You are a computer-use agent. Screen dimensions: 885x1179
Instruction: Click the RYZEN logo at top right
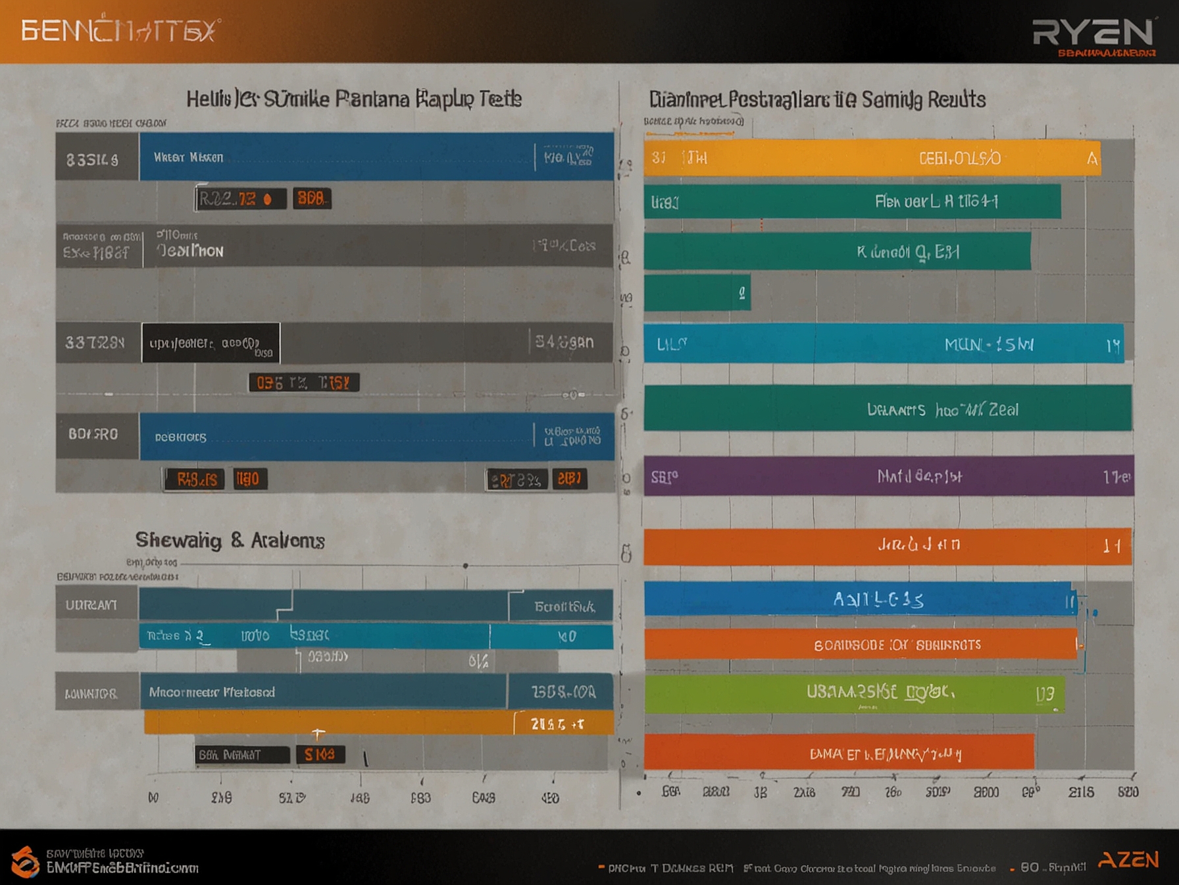click(1093, 33)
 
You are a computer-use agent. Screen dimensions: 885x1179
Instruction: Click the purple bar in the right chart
click(888, 475)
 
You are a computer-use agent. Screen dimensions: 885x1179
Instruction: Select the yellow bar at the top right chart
click(872, 158)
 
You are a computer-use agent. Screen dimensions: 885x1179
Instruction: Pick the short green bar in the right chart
click(697, 292)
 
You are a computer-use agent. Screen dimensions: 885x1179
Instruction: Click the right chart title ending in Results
click(817, 99)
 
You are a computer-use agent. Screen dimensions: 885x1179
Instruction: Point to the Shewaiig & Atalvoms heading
click(230, 541)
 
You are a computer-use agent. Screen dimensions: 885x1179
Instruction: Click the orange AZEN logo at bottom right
click(1128, 860)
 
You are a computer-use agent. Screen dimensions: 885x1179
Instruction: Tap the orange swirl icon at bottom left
click(25, 861)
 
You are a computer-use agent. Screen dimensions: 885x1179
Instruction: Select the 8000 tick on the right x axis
click(986, 792)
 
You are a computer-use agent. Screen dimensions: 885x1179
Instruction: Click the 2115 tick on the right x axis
click(1081, 792)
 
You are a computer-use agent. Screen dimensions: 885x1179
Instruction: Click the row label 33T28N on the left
click(95, 342)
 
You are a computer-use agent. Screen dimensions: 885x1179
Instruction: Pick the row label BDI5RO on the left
click(93, 435)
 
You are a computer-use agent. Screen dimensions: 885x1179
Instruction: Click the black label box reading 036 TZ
click(304, 383)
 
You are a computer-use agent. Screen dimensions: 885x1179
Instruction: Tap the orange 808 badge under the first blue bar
click(311, 198)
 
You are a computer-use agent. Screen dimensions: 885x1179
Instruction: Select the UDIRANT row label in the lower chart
click(91, 604)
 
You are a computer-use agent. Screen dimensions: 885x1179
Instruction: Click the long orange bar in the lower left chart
click(329, 722)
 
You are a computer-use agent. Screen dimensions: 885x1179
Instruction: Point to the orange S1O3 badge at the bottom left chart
click(320, 755)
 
